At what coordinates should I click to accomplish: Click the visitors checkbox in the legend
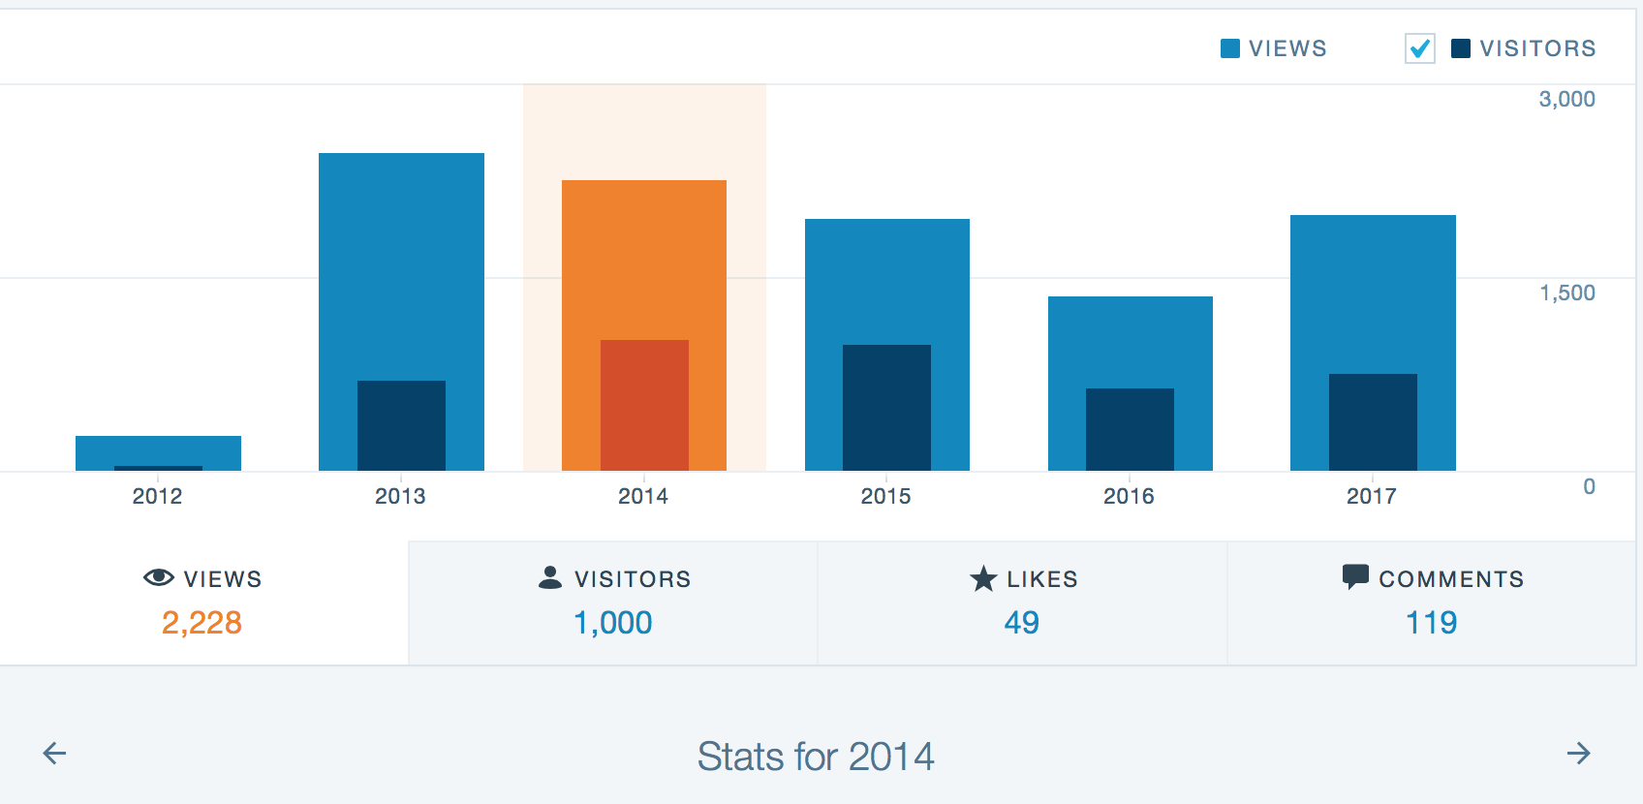1419,48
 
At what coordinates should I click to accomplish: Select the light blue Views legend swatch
1230,48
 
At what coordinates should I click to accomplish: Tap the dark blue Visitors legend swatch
1461,48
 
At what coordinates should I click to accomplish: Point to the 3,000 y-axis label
1566,99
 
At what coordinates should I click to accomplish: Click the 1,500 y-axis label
1566,293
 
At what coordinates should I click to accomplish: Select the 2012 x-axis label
157,496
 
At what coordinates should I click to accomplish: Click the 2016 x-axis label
1129,496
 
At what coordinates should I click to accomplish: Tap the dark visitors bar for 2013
401,426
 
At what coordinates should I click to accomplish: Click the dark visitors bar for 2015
886,408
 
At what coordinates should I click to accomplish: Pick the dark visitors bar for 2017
1373,422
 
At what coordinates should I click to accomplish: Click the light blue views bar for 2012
158,450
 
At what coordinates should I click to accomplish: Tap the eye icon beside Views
159,578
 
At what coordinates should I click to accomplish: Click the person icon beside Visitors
550,577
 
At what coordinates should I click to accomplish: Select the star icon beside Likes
983,578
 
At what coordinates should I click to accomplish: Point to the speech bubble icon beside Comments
1355,577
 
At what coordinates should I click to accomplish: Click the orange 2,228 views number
201,622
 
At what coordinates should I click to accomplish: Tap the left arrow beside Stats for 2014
55,754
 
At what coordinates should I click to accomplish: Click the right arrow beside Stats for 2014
1578,754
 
